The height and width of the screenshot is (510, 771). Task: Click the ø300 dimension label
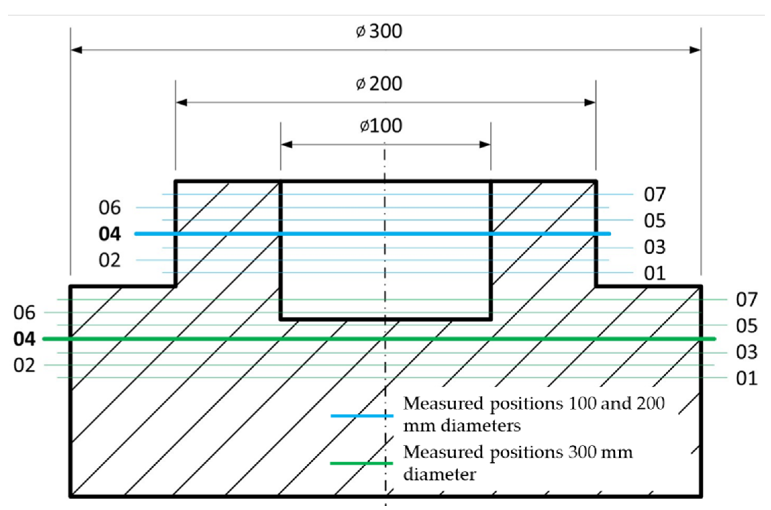[379, 32]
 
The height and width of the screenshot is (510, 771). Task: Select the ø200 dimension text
[379, 84]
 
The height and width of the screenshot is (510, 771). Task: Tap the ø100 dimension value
[381, 126]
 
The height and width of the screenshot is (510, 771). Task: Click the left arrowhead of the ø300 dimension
[76, 50]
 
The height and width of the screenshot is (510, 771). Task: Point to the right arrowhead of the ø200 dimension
[590, 103]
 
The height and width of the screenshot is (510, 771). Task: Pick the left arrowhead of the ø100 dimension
[286, 145]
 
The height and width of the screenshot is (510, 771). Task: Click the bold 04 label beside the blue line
[109, 234]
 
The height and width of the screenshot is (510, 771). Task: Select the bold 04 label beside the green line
[24, 339]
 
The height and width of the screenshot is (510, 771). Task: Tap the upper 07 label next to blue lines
[654, 195]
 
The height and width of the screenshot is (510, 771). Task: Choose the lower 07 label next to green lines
[747, 300]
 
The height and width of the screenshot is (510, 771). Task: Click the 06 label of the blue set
[109, 208]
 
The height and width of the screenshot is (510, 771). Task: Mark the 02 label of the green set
[24, 365]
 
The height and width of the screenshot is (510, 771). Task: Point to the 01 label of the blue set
[654, 273]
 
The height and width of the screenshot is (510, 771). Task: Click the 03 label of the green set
[747, 352]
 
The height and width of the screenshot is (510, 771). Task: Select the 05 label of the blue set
[654, 221]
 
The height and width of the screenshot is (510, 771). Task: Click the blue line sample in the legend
[362, 416]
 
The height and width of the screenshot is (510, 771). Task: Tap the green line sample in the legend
[362, 463]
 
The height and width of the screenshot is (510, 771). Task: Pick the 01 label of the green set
[747, 378]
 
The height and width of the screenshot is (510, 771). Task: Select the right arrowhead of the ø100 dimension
[485, 145]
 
